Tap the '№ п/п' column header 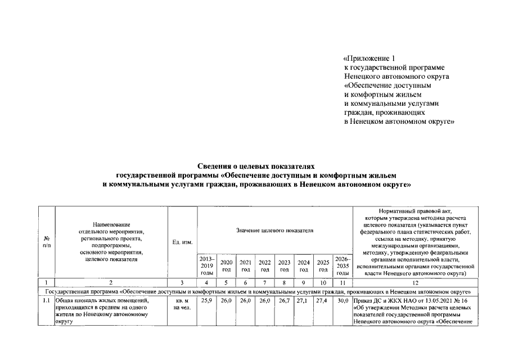[46, 242]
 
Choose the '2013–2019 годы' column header [207, 265]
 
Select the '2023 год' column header [284, 265]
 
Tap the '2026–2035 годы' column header [343, 265]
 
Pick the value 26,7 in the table [284, 301]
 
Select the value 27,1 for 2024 [304, 301]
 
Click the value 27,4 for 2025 [323, 301]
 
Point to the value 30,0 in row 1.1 [343, 301]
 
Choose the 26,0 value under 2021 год [246, 301]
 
